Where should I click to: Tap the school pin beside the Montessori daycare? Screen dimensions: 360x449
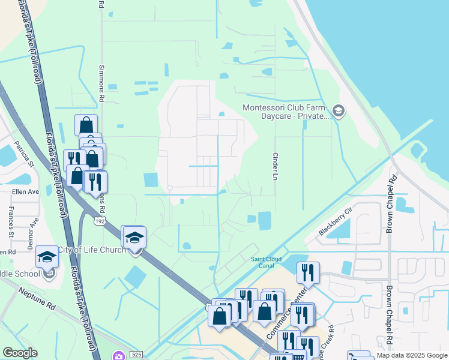[338, 111]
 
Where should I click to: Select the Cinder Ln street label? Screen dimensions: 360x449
[277, 166]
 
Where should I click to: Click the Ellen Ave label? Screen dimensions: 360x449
[25, 192]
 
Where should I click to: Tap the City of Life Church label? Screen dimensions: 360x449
[91, 250]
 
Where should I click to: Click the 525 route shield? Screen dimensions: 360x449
[137, 355]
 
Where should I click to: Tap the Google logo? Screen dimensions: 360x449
[20, 353]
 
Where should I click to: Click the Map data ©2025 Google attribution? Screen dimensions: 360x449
[411, 355]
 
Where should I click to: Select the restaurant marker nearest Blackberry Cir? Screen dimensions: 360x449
[308, 273]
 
